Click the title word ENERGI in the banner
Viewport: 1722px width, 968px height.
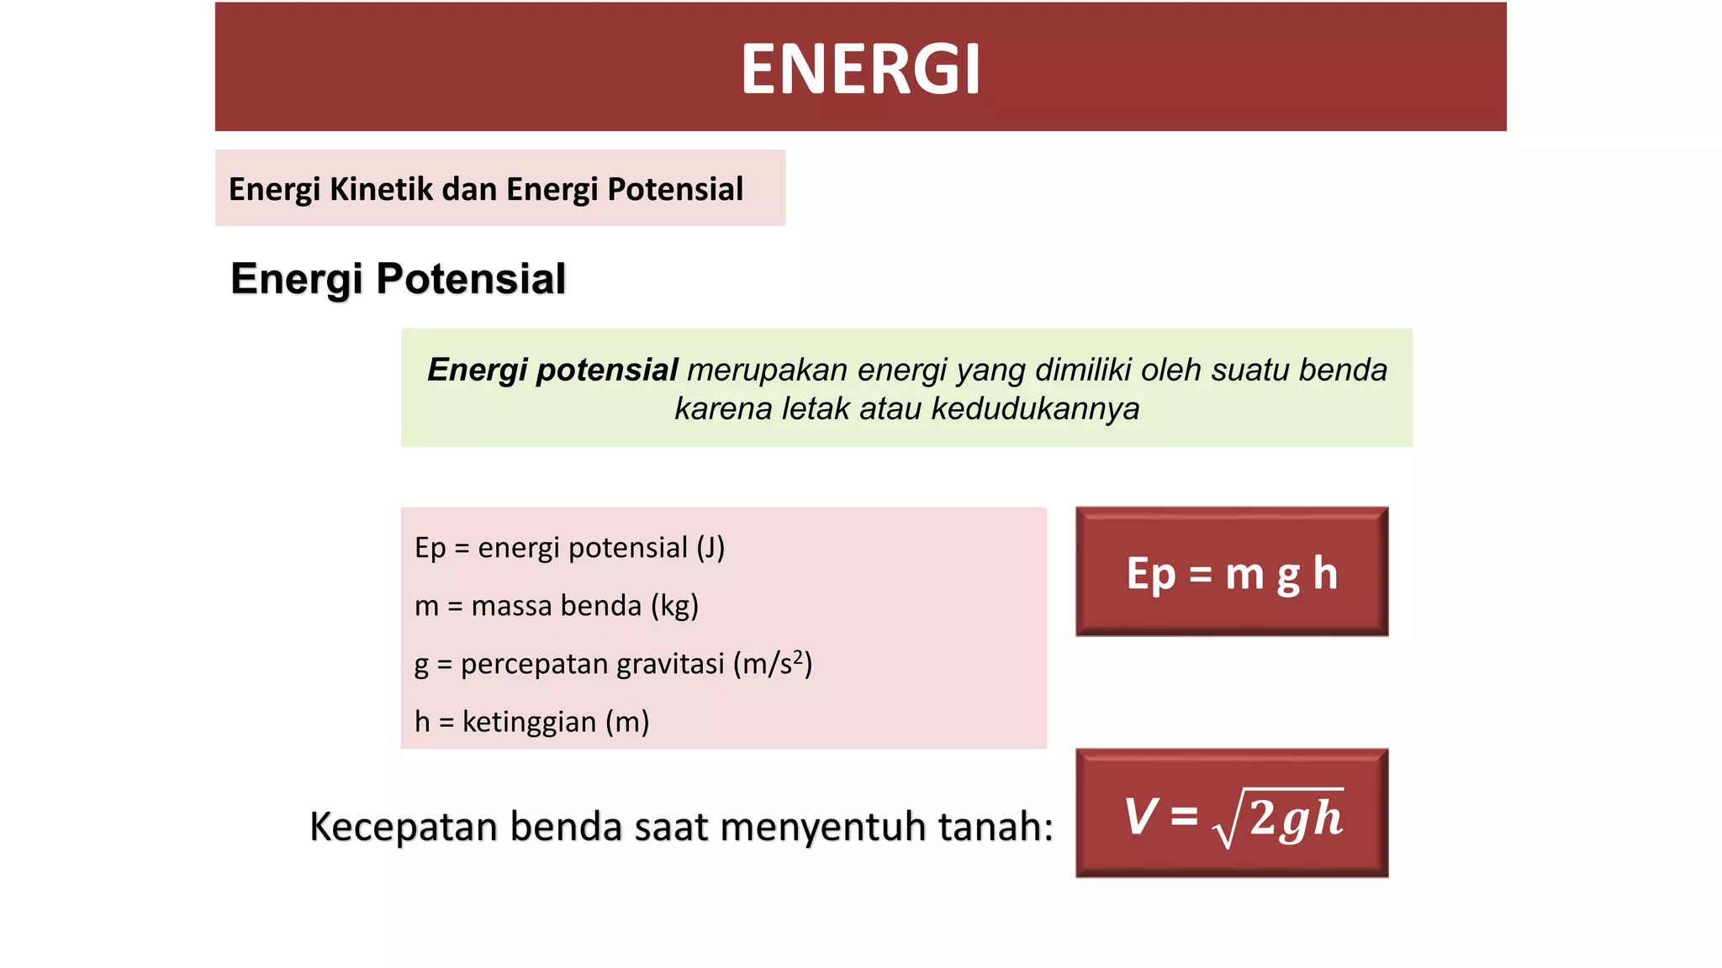coord(860,69)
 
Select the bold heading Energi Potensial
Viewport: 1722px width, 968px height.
coord(398,279)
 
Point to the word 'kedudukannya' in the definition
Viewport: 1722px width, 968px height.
coord(1035,409)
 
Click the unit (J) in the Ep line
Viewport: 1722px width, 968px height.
coord(710,548)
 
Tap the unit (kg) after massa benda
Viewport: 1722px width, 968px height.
coord(674,606)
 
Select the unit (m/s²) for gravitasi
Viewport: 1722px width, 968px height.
coord(772,664)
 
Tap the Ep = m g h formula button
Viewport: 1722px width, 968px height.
coord(1231,572)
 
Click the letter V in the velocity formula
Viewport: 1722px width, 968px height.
coord(1141,815)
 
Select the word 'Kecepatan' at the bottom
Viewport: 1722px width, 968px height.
coord(404,826)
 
